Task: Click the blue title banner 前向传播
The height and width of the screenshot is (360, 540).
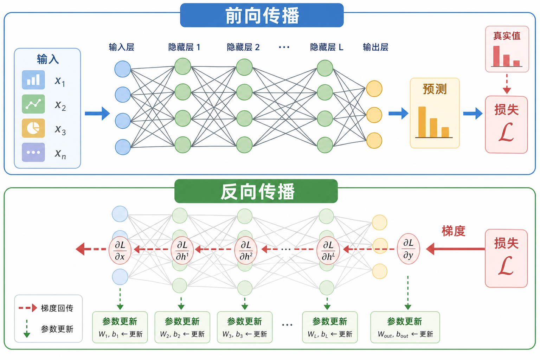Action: pyautogui.click(x=262, y=15)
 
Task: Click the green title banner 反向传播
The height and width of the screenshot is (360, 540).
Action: pyautogui.click(x=256, y=192)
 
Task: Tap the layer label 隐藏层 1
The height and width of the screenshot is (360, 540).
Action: pyautogui.click(x=184, y=47)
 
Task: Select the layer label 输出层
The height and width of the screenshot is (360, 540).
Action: pyautogui.click(x=375, y=47)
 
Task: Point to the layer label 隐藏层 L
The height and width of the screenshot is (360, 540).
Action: pyautogui.click(x=327, y=47)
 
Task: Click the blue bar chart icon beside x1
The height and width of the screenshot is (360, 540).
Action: pyautogui.click(x=33, y=80)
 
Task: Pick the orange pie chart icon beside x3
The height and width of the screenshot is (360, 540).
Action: pyautogui.click(x=33, y=128)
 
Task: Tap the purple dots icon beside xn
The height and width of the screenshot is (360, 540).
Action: pyautogui.click(x=33, y=152)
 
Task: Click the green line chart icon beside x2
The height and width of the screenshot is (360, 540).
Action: pyautogui.click(x=33, y=104)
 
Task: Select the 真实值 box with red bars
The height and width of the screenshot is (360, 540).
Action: pyautogui.click(x=507, y=49)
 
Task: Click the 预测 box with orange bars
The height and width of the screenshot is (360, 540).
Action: pyautogui.click(x=435, y=113)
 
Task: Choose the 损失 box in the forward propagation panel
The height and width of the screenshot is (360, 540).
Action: pyautogui.click(x=506, y=125)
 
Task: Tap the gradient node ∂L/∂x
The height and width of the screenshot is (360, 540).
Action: pyautogui.click(x=120, y=251)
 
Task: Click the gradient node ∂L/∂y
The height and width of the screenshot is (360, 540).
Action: pyautogui.click(x=408, y=249)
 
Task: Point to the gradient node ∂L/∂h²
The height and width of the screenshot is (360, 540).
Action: pyautogui.click(x=246, y=251)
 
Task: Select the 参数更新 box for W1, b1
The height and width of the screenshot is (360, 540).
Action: pyautogui.click(x=120, y=327)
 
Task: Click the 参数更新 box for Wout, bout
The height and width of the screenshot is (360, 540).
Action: pyautogui.click(x=405, y=327)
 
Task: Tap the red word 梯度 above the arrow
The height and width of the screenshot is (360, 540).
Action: pyautogui.click(x=454, y=231)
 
